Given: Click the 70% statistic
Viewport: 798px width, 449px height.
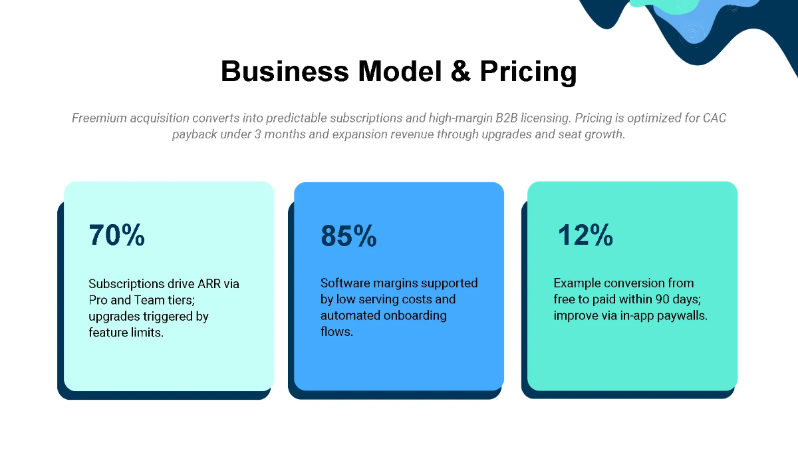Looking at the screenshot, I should pyautogui.click(x=116, y=235).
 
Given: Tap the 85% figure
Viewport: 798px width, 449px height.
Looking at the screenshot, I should pyautogui.click(x=348, y=236).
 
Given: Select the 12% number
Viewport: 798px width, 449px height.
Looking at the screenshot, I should pyautogui.click(x=585, y=235).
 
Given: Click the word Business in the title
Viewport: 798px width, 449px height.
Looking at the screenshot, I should pyautogui.click(x=284, y=71).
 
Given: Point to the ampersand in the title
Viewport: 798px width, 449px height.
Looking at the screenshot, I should pyautogui.click(x=460, y=71).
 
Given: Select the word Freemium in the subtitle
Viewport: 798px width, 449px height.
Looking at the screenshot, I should pyautogui.click(x=100, y=118).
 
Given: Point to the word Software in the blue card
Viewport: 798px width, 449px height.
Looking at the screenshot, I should pyautogui.click(x=344, y=283).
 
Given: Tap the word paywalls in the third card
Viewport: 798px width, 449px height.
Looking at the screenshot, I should pyautogui.click(x=684, y=315).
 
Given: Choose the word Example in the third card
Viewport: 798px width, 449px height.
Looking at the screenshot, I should pyautogui.click(x=578, y=283).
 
